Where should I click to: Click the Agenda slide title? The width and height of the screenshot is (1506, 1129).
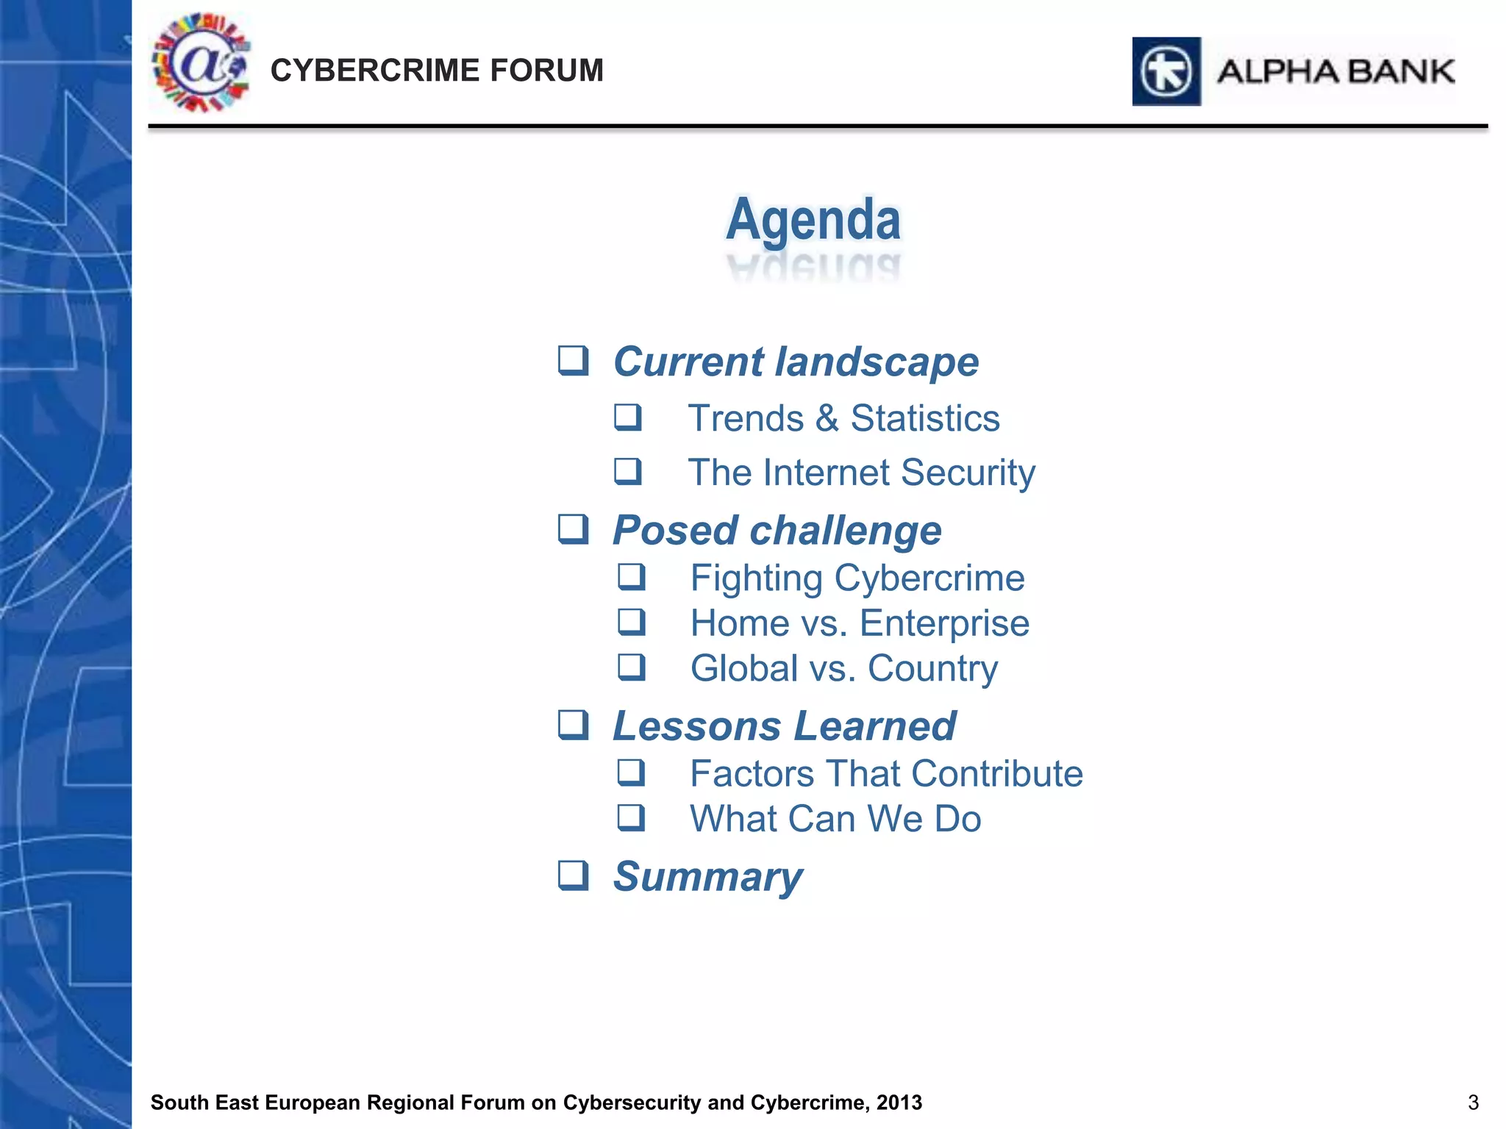point(813,220)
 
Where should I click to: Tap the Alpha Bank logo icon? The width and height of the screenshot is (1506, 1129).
point(1166,72)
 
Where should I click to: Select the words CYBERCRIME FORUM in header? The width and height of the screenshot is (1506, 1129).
point(437,71)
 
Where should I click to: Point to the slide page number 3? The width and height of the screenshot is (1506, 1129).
point(1473,1103)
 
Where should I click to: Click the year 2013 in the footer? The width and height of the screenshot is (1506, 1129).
point(899,1103)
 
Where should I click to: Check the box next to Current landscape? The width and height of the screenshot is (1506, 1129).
point(573,361)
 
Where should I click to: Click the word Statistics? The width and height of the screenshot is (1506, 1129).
point(925,418)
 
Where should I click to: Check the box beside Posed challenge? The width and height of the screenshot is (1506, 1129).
point(573,529)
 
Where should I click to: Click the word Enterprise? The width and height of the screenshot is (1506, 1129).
point(944,623)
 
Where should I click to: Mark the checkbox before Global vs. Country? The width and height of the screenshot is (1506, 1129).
point(631,667)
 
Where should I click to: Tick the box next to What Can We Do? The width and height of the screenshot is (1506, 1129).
point(631,817)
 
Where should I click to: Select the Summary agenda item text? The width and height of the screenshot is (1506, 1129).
point(707,876)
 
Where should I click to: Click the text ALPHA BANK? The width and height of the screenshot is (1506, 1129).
point(1335,72)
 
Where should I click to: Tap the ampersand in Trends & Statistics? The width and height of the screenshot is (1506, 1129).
point(827,418)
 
